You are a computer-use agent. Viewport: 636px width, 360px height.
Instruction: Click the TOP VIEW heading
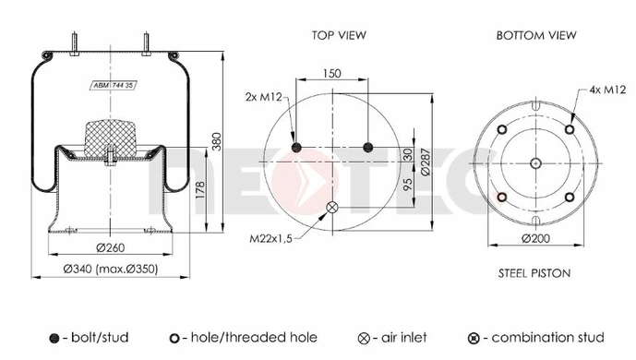coord(339,35)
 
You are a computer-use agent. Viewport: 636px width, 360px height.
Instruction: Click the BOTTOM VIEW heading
coord(536,35)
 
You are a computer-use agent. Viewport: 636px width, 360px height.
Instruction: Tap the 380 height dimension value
coord(217,141)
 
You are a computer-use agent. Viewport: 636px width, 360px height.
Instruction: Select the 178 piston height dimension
coord(200,190)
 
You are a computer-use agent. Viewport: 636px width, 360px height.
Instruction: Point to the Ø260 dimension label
coord(111,247)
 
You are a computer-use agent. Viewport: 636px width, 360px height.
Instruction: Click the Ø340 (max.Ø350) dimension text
coord(111,269)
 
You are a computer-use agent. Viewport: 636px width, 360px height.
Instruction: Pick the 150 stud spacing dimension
coord(331,73)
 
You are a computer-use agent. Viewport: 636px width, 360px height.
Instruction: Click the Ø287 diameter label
coord(426,162)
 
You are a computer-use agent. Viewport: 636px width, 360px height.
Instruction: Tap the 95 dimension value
coord(408,184)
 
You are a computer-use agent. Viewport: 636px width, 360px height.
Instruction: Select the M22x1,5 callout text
coord(270,238)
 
